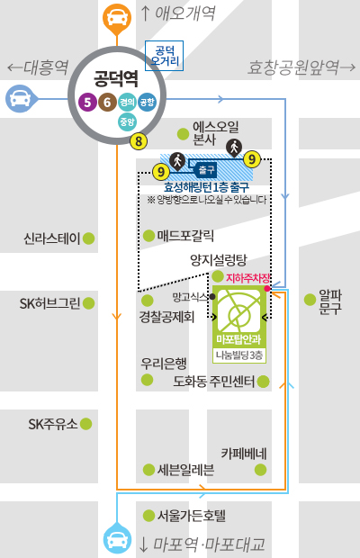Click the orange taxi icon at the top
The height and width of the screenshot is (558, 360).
tap(116, 16)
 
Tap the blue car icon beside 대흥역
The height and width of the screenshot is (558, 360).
tap(19, 97)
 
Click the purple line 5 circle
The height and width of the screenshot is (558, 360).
tap(85, 103)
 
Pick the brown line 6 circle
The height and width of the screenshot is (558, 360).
tap(106, 103)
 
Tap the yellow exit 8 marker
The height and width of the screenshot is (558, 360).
tap(138, 140)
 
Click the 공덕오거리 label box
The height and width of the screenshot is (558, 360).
tap(164, 56)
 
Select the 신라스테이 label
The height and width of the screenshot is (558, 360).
tap(53, 238)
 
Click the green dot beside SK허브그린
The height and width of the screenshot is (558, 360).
tap(89, 302)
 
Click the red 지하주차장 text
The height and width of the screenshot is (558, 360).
tap(247, 279)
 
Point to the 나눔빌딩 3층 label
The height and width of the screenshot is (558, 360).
tap(239, 355)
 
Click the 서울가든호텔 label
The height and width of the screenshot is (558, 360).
tap(191, 516)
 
